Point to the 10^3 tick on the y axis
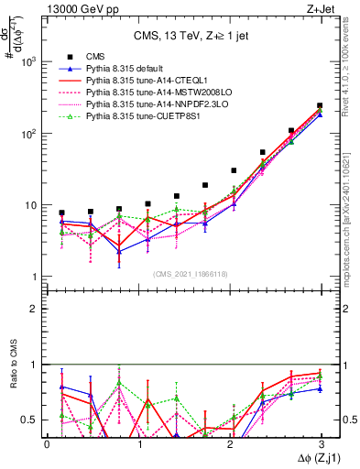click(30, 61)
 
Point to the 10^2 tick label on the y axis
click(30, 134)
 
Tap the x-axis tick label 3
click(320, 443)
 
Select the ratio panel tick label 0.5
click(30, 420)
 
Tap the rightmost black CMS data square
click(320, 106)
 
